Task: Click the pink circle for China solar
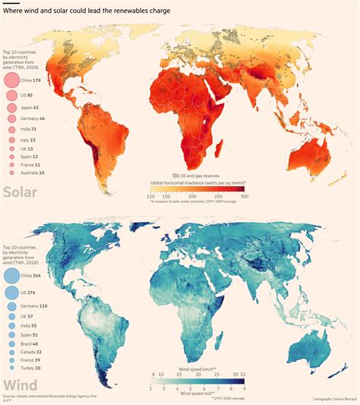point(11,80)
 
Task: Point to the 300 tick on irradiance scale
point(244,197)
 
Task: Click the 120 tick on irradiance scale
point(151,197)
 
